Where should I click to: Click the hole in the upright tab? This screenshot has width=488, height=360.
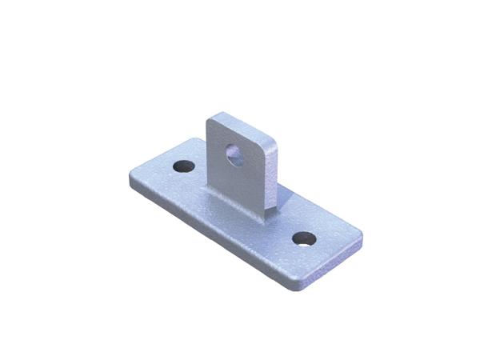point(234,154)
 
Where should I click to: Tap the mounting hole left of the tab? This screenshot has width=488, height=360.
point(184,167)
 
